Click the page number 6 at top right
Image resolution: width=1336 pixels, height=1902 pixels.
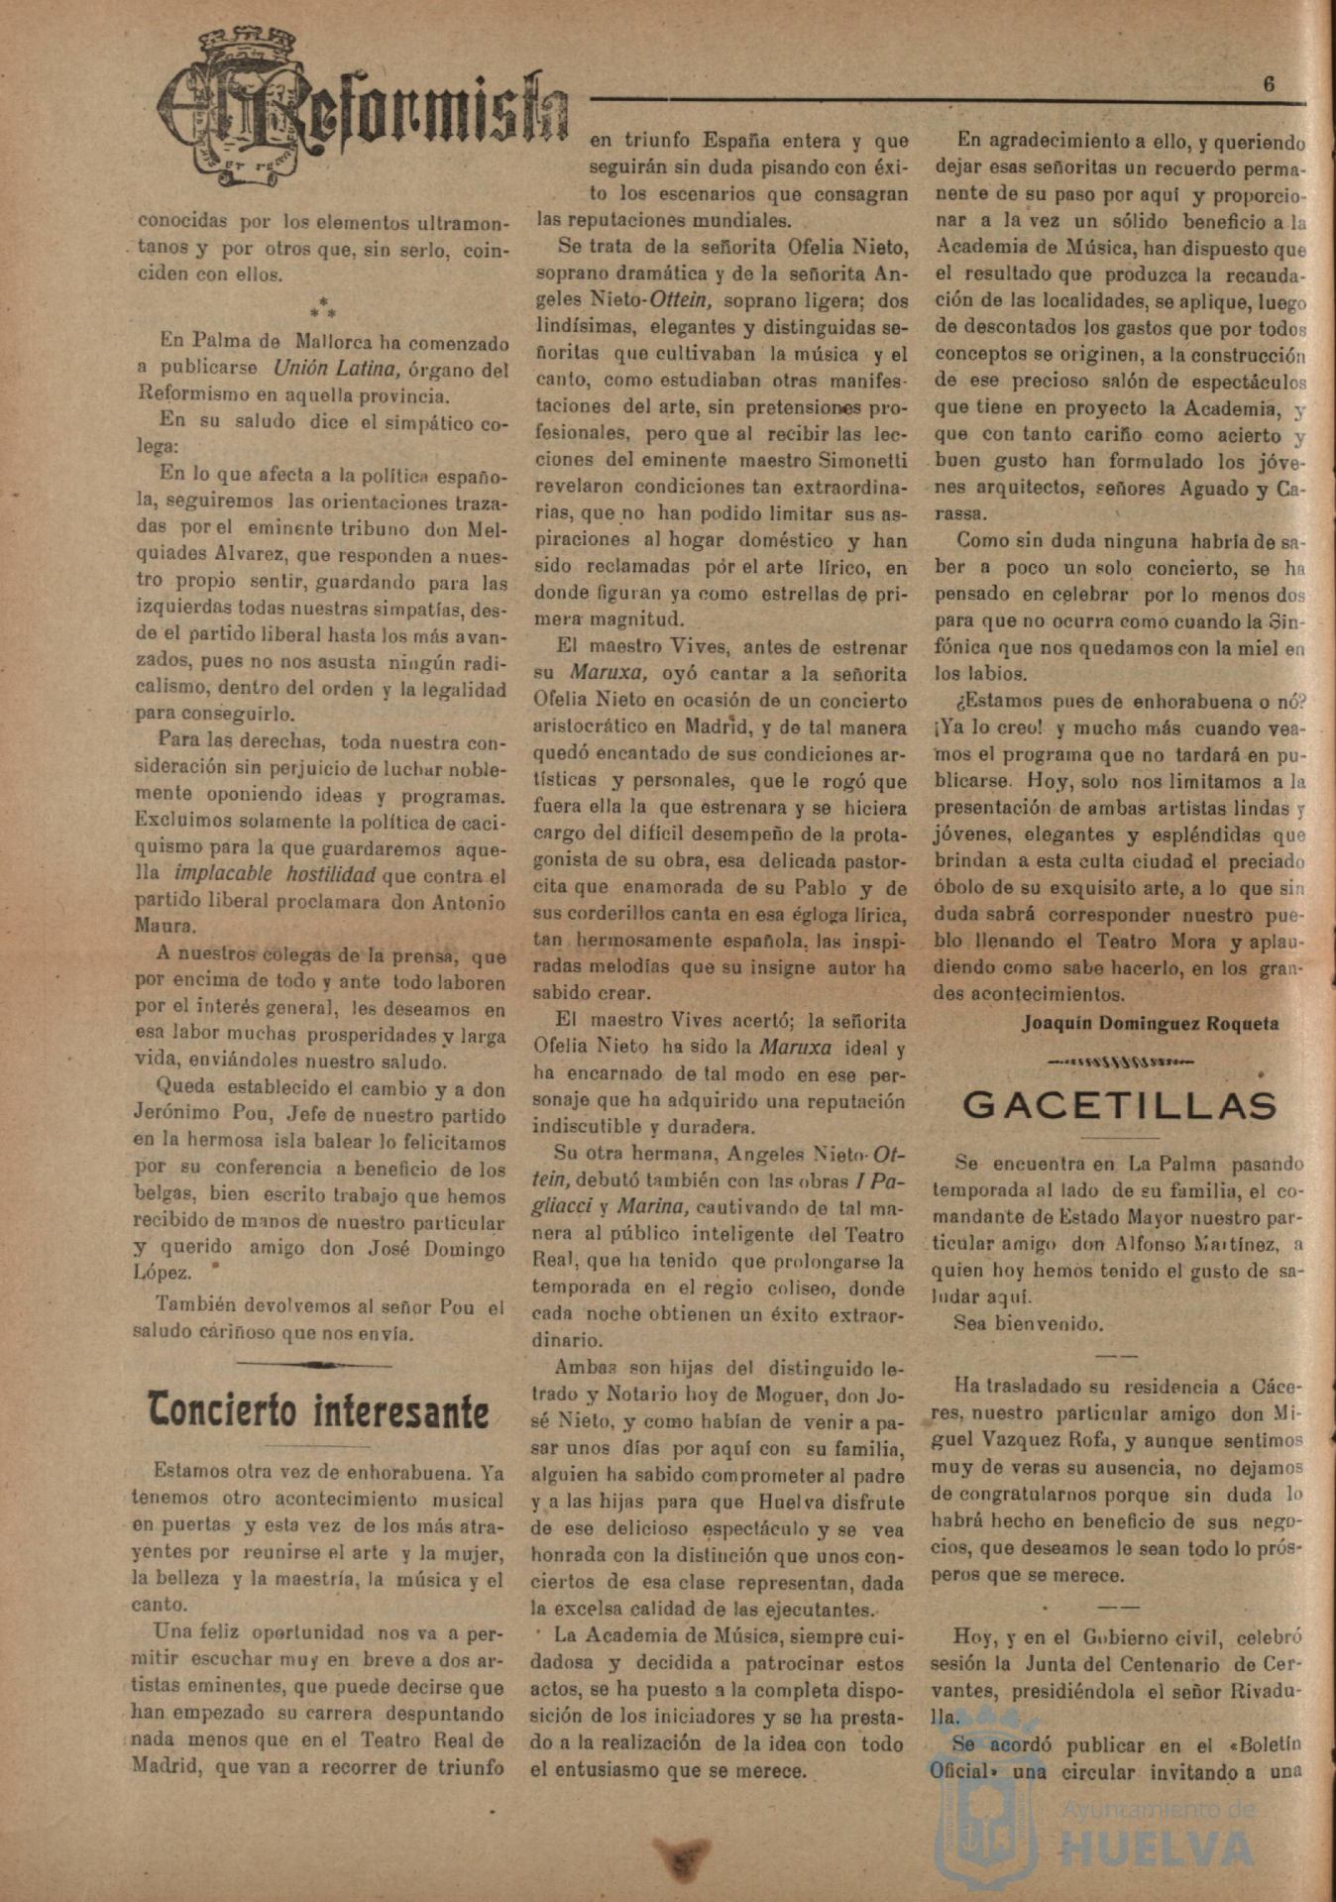[1269, 85]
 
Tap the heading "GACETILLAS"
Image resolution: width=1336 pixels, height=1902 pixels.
[1120, 1105]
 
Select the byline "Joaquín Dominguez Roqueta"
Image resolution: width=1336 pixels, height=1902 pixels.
[1151, 1024]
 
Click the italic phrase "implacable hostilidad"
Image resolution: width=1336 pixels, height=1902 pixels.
[275, 874]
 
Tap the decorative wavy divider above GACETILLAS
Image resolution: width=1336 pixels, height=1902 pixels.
[1120, 1062]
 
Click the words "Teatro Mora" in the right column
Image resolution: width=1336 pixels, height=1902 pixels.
[1158, 941]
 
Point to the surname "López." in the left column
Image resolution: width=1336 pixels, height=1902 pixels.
[162, 1273]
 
